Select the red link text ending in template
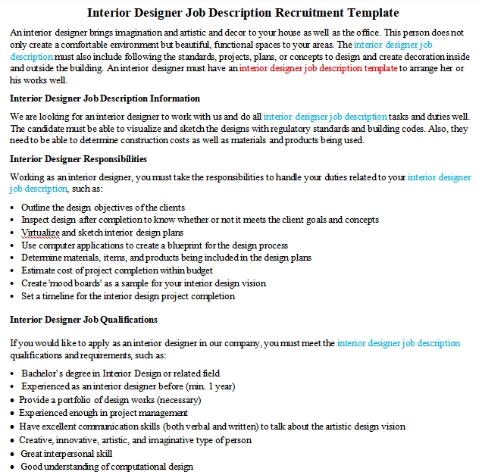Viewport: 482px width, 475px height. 318,68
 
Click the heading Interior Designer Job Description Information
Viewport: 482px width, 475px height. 105,98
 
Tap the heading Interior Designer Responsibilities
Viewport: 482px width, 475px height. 78,159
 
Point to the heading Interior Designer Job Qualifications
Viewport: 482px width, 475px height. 83,320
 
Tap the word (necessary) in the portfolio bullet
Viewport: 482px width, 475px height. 180,399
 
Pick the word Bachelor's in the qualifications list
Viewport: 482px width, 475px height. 42,373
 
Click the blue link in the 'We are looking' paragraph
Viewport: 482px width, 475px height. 325,117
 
